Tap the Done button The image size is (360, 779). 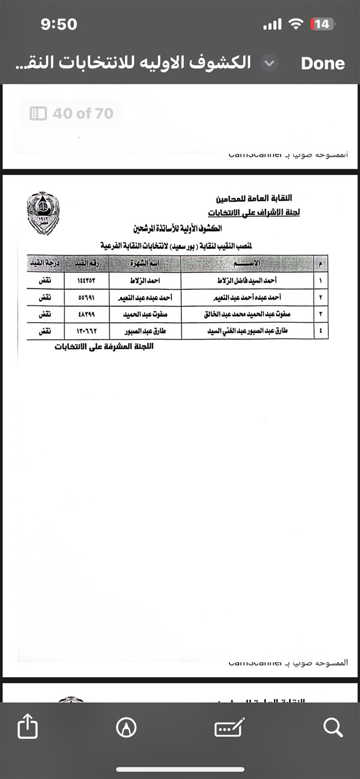coord(323,63)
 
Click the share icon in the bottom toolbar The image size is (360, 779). coord(27,727)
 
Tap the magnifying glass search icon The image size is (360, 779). coord(332,727)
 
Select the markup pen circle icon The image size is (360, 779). coord(126,727)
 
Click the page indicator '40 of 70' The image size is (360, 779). coord(71,114)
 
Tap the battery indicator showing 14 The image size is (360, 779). coord(322,24)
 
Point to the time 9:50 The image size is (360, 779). coord(59,24)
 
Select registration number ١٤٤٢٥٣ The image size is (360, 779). coord(87,281)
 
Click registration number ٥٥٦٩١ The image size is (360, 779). coord(87,298)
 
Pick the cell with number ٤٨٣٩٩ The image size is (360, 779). coord(87,314)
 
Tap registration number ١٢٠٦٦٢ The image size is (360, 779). coord(87,331)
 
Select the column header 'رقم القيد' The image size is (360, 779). coord(87,263)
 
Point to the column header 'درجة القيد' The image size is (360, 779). coord(45,263)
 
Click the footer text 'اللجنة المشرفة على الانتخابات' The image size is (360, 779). coord(104,347)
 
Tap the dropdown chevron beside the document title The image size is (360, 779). coord(269,63)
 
